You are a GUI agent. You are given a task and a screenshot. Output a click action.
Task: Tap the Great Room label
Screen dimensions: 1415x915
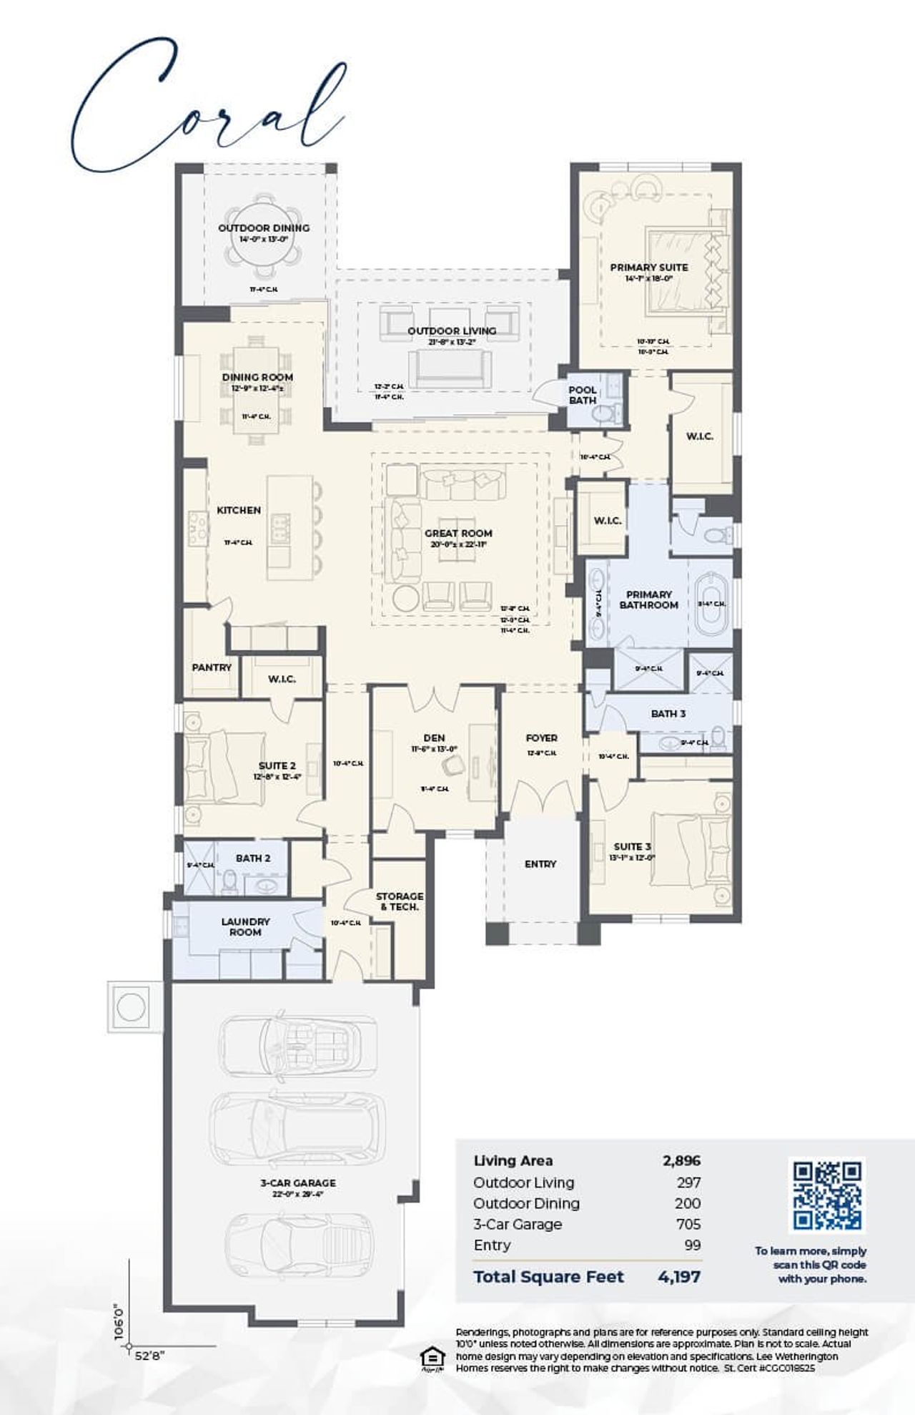[458, 533]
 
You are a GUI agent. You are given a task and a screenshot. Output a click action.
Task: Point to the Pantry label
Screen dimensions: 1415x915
[212, 667]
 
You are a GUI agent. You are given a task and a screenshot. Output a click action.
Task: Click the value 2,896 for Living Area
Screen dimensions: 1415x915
[681, 1160]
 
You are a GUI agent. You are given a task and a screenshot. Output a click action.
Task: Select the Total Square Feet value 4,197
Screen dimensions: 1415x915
[678, 1276]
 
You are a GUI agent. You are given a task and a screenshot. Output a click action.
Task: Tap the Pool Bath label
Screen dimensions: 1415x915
[583, 395]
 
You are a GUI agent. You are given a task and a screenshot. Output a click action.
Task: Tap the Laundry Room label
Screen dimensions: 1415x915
[245, 927]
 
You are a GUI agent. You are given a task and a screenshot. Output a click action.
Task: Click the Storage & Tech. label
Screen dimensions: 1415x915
[400, 901]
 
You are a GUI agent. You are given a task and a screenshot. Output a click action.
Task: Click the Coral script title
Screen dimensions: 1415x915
[207, 107]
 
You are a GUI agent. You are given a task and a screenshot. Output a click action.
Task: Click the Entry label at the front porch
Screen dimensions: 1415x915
[540, 864]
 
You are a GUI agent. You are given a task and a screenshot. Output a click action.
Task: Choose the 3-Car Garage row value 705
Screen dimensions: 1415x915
[688, 1224]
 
